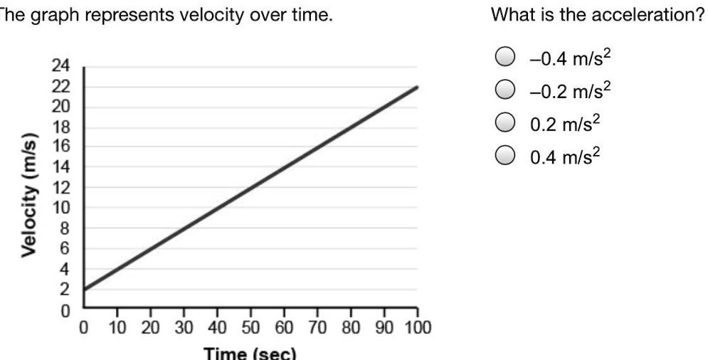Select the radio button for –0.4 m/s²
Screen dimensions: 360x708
tap(504, 57)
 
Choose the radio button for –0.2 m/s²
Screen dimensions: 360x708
tap(504, 90)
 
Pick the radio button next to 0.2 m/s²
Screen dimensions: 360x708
tap(504, 122)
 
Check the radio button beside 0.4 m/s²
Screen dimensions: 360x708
tap(504, 154)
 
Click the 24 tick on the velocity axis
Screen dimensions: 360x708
tap(60, 67)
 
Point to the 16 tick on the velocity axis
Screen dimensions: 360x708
tap(60, 147)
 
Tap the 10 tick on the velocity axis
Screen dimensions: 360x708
tap(60, 208)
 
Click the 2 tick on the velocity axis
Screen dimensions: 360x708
tap(63, 290)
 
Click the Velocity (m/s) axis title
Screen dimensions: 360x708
tap(30, 194)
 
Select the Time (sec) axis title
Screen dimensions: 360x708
tap(249, 353)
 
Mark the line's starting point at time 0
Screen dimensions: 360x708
tap(85, 290)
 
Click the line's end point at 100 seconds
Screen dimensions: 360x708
tap(417, 87)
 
